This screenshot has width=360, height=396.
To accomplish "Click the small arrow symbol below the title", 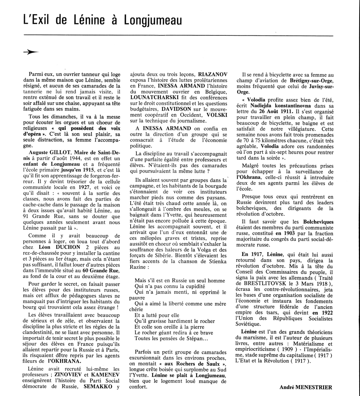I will pyautogui.click(x=31, y=52).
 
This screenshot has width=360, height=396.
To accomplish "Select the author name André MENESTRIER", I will pyautogui.click(x=306, y=387).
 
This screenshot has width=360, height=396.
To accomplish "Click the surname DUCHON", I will pyautogui.click(x=64, y=247).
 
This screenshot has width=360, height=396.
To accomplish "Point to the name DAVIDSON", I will pyautogui.click(x=177, y=109).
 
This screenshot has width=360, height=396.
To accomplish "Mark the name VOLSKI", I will pyautogui.click(x=217, y=115).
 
